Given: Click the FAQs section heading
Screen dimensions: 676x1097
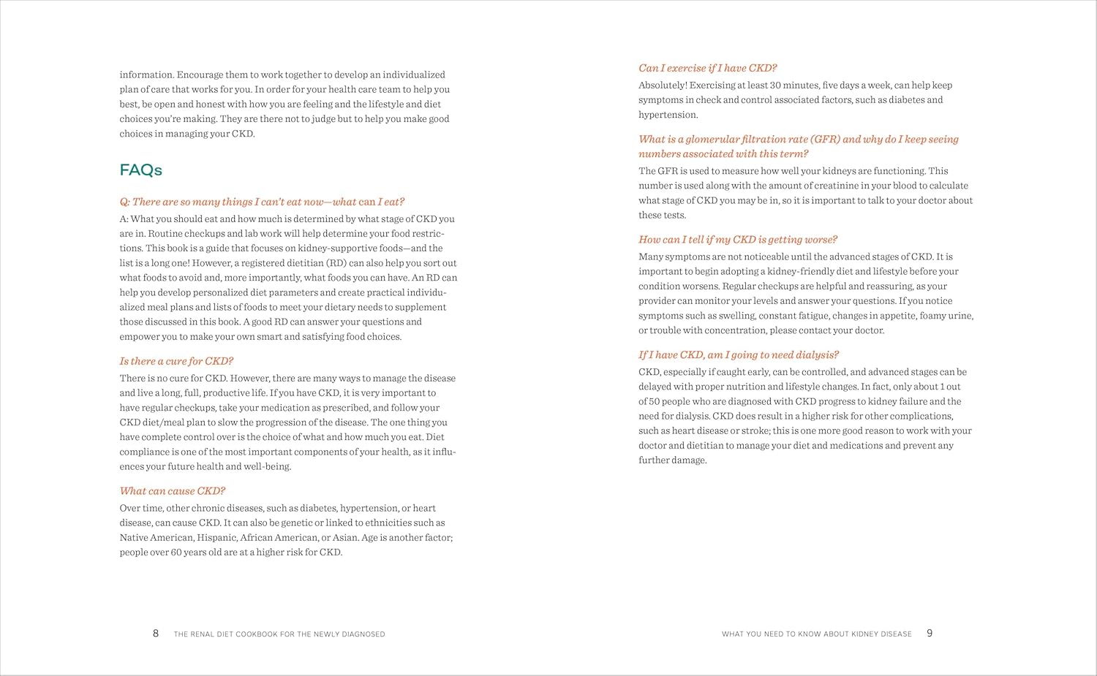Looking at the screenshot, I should (140, 170).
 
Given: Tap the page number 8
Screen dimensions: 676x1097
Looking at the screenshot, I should (155, 633).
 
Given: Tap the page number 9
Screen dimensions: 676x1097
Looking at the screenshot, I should (930, 633).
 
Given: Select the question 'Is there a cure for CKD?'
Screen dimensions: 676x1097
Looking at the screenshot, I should (176, 361).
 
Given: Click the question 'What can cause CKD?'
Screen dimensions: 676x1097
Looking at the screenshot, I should (173, 491).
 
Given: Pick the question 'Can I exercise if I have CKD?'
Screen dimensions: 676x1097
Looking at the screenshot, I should (707, 68).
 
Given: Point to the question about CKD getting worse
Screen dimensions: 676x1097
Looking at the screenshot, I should (737, 240).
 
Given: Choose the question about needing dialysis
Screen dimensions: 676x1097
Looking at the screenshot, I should (738, 355).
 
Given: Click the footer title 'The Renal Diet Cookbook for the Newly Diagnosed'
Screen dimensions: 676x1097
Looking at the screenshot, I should (279, 634).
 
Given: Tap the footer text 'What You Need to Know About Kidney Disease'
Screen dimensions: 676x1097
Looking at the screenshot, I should (816, 634).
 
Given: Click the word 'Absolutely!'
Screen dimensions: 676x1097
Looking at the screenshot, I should (663, 86).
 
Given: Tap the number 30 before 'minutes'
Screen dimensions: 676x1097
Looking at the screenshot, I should (775, 86).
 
